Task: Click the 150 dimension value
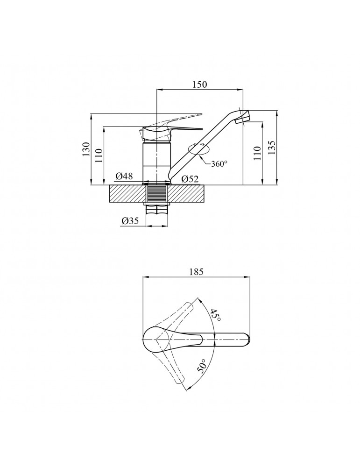tap(199, 84)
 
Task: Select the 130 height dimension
tap(86, 149)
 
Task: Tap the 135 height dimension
tap(272, 147)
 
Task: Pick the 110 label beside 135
tap(258, 153)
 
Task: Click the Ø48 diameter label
tap(124, 176)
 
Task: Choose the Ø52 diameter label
tap(190, 179)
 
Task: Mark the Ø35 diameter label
tap(130, 221)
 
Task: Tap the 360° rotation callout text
tap(219, 163)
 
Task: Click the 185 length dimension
tap(196, 271)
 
